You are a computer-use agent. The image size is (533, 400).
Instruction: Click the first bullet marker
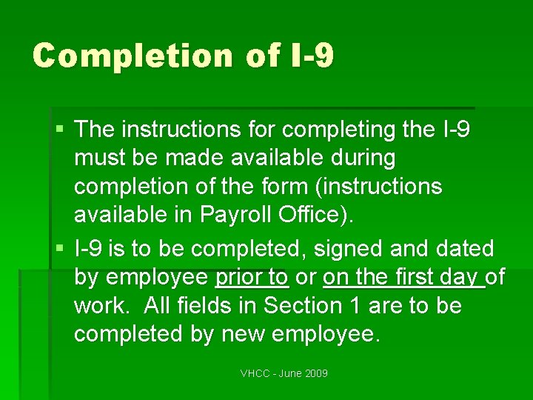(60, 130)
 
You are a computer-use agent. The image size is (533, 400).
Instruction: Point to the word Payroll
(238, 215)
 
